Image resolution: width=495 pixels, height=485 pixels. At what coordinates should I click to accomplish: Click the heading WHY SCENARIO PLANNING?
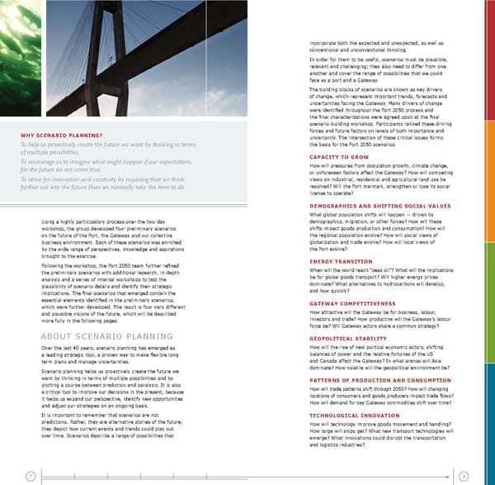pyautogui.click(x=61, y=135)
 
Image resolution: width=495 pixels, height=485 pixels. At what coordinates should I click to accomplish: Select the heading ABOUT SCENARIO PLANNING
pyautogui.click(x=104, y=337)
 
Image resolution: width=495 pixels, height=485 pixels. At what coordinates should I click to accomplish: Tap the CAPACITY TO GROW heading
pyautogui.click(x=338, y=156)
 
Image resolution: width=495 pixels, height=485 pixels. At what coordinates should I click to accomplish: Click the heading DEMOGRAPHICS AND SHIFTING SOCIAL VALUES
pyautogui.click(x=379, y=205)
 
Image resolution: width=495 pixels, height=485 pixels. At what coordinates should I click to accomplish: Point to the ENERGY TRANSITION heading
pyautogui.click(x=341, y=261)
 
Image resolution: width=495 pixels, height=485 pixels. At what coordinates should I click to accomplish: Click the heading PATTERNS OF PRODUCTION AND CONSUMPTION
pyautogui.click(x=379, y=379)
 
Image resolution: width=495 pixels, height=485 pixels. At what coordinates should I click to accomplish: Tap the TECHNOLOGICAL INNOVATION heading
pyautogui.click(x=354, y=414)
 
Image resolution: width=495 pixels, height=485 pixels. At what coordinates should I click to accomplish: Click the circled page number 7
pyautogui.click(x=30, y=475)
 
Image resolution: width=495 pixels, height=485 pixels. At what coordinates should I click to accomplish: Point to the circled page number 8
pyautogui.click(x=464, y=475)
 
